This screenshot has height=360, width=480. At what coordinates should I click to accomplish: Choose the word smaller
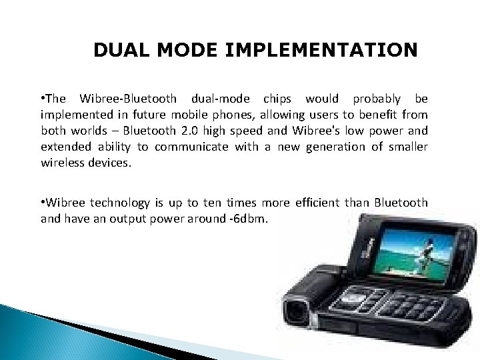pyautogui.click(x=404, y=146)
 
